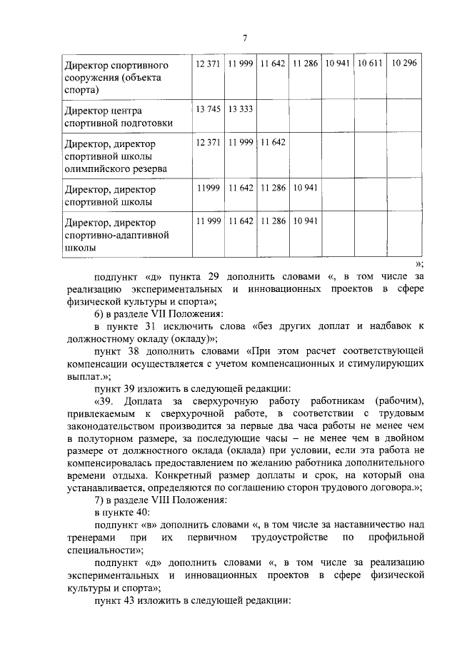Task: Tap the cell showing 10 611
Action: pos(371,64)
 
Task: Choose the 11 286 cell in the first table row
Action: pos(306,64)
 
